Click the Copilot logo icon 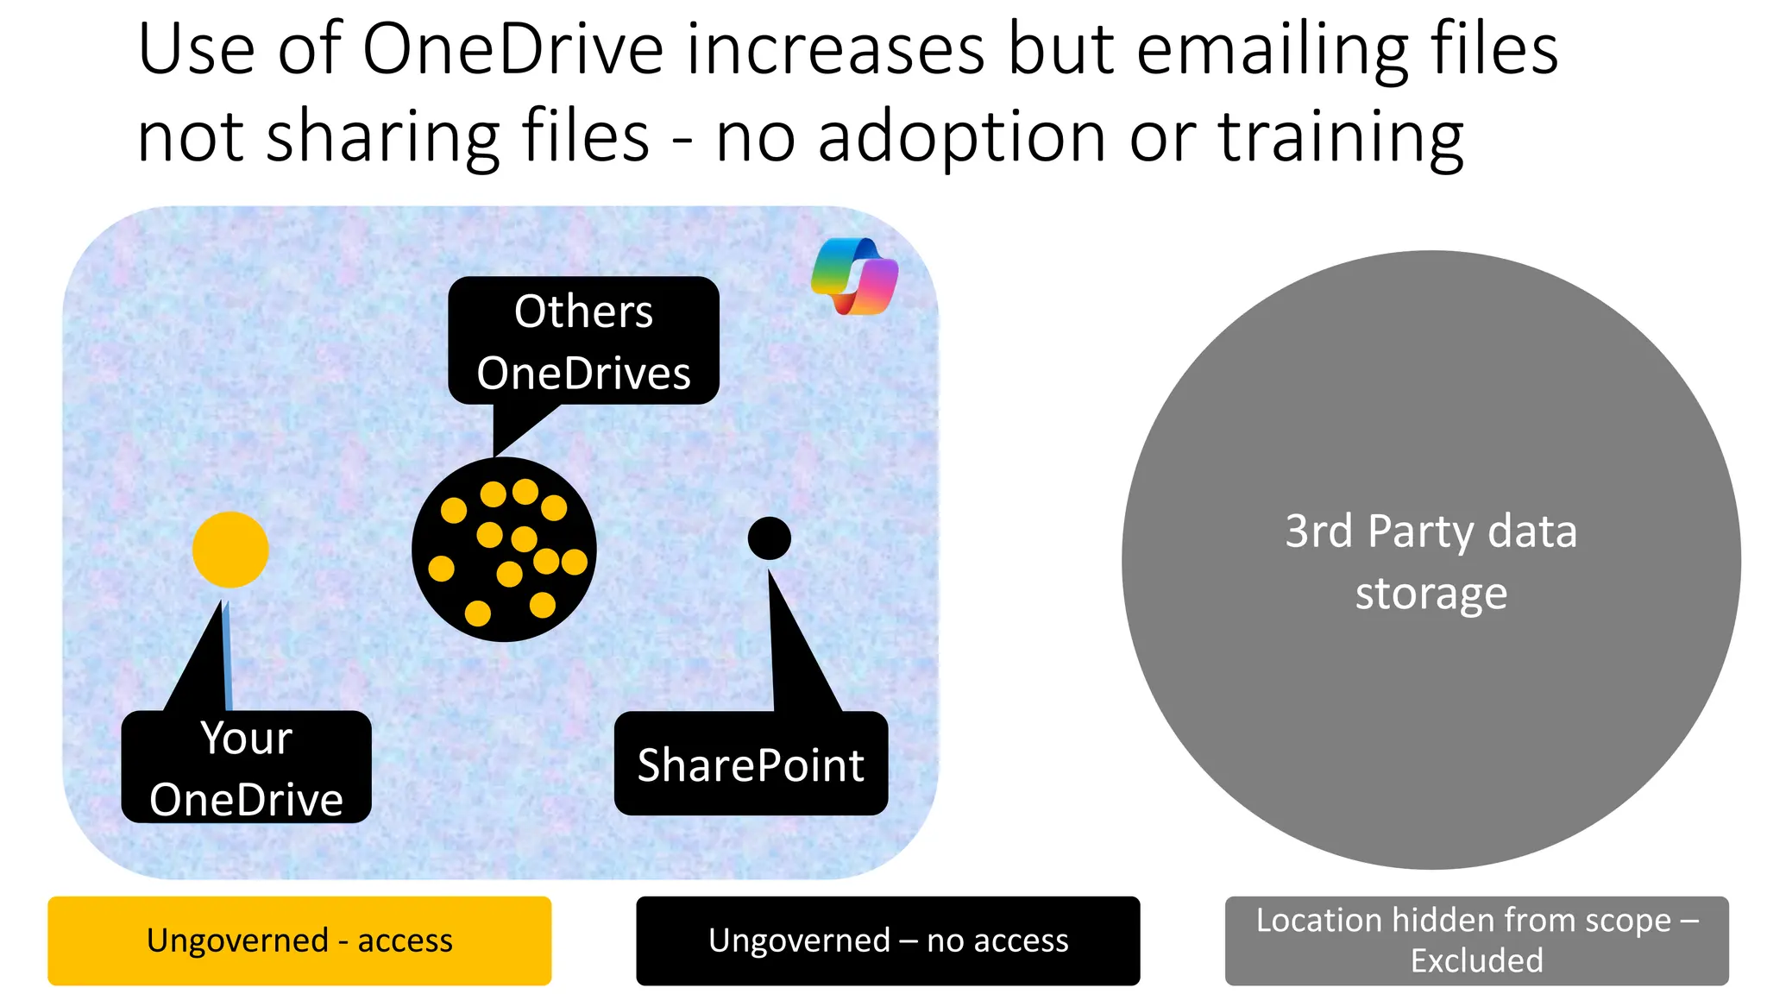(x=854, y=276)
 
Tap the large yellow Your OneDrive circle (x=230, y=550)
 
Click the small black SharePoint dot (x=769, y=538)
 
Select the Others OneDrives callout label (x=583, y=341)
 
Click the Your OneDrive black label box (x=246, y=768)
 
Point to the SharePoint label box (x=751, y=764)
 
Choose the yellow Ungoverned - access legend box (x=299, y=941)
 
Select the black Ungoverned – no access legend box (x=888, y=941)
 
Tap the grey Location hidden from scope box (x=1476, y=941)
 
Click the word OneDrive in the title (x=512, y=50)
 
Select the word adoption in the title (x=961, y=138)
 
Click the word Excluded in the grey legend (x=1476, y=960)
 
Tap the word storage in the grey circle (x=1431, y=594)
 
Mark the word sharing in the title (x=383, y=138)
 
